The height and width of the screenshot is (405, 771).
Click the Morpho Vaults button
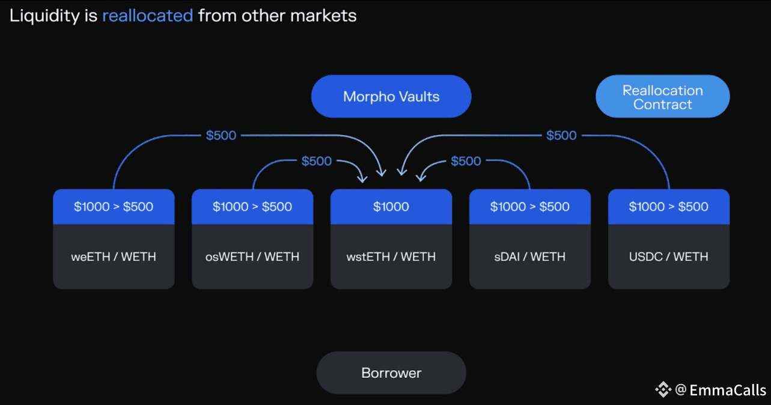(391, 96)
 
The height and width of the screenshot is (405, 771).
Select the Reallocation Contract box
(662, 97)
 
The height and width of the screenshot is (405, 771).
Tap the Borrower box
(391, 373)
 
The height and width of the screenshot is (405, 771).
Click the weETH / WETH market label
(114, 257)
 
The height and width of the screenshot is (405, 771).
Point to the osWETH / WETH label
(252, 257)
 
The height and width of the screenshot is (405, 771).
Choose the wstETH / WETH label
(391, 257)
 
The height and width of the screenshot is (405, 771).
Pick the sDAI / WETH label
(529, 257)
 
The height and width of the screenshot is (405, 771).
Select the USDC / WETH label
(668, 257)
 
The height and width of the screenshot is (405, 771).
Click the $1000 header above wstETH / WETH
(391, 207)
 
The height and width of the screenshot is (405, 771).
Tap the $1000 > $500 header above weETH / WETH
(114, 207)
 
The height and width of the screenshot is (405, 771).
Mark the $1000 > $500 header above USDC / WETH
(668, 207)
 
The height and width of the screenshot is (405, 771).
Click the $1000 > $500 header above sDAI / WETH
(529, 207)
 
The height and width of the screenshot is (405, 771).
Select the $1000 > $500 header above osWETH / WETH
(252, 207)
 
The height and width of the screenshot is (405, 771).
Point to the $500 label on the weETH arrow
(221, 135)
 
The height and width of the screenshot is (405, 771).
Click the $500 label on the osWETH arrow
(317, 161)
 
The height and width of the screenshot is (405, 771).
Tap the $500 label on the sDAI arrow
(466, 161)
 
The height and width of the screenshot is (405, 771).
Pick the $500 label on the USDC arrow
(561, 135)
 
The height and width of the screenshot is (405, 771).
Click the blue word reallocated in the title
(148, 16)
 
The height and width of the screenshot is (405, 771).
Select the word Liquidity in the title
(45, 16)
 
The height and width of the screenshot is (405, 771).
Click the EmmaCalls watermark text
(728, 390)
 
